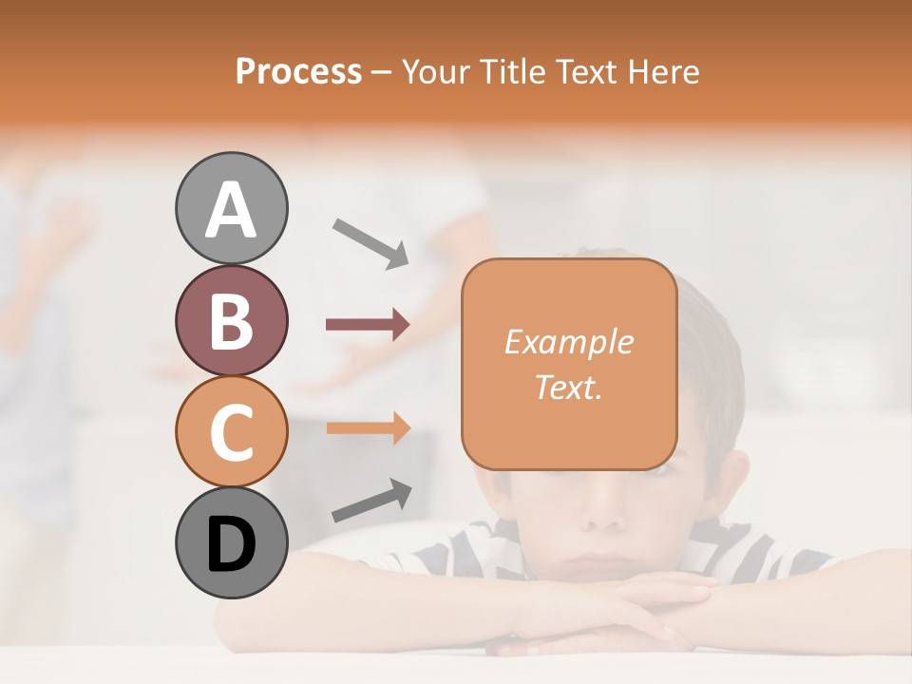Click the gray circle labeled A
click(232, 208)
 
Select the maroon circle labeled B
click(232, 320)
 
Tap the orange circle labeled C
click(232, 431)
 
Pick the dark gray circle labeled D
click(232, 542)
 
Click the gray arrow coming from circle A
click(370, 242)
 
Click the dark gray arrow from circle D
click(371, 501)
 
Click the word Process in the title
click(298, 72)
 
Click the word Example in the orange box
click(568, 342)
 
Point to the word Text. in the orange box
click(568, 387)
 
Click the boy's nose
click(602, 513)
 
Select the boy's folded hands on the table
click(608, 617)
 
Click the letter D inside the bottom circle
click(232, 544)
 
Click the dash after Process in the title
click(382, 73)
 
